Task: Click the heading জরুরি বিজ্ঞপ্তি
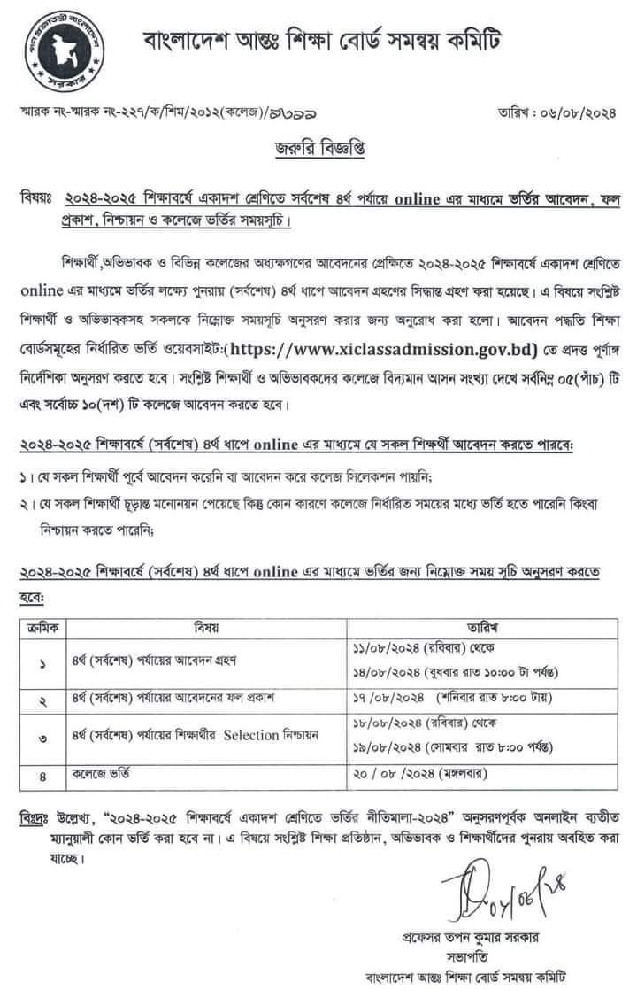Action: click(x=318, y=149)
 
